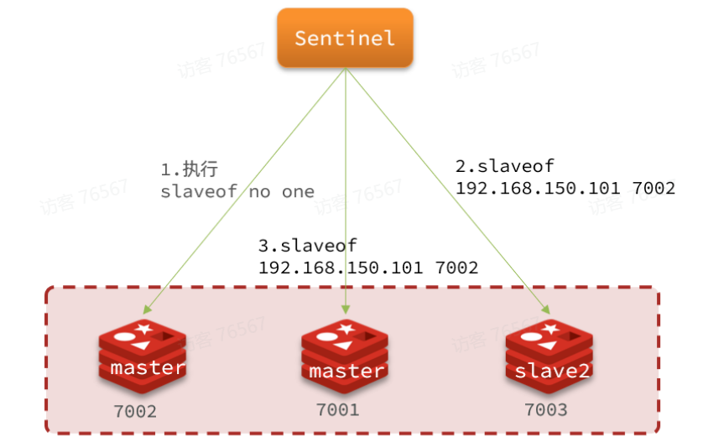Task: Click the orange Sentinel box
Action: pyautogui.click(x=345, y=38)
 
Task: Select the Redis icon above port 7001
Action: pyautogui.click(x=345, y=356)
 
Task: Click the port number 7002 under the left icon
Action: pyautogui.click(x=135, y=412)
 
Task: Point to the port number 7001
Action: pyautogui.click(x=338, y=409)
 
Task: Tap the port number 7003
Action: pyautogui.click(x=545, y=409)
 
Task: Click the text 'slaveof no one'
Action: pyautogui.click(x=237, y=191)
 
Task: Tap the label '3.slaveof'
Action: pyautogui.click(x=308, y=246)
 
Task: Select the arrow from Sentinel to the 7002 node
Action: pyautogui.click(x=252, y=185)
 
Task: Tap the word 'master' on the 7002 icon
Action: pyautogui.click(x=147, y=367)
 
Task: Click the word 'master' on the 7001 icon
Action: pyautogui.click(x=346, y=371)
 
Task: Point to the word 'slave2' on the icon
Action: pyautogui.click(x=553, y=370)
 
